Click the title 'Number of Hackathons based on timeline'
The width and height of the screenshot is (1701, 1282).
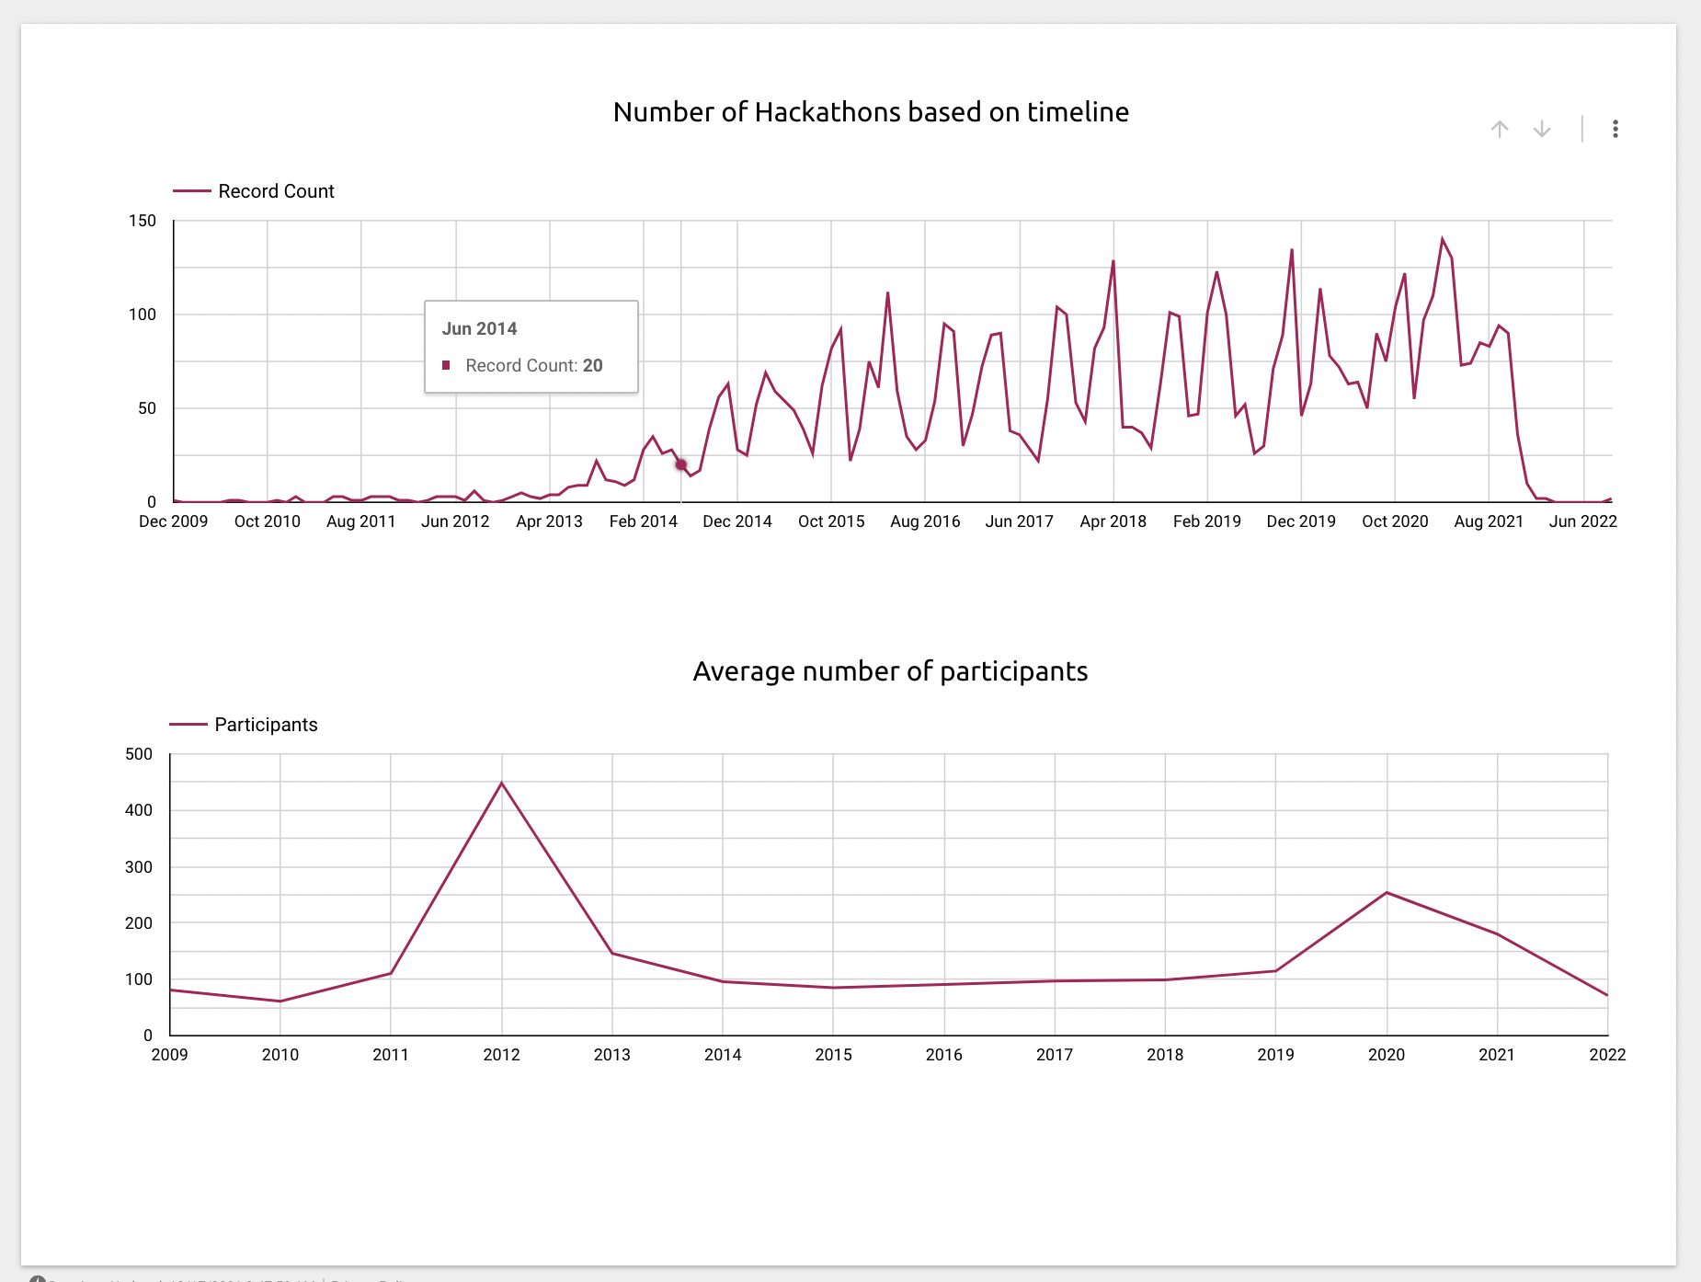pos(871,112)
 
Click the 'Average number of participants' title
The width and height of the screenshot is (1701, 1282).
pos(890,671)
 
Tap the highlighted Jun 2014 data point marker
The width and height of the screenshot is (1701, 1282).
pos(681,464)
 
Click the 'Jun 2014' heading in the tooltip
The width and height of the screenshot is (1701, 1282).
pos(479,329)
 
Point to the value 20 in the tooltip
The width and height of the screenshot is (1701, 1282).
pos(593,366)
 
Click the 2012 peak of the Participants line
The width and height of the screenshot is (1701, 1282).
pos(502,783)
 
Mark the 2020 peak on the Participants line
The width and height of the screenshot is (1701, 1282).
pos(1387,893)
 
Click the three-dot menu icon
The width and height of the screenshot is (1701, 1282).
pos(1615,130)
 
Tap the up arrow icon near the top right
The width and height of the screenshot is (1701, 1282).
pos(1500,130)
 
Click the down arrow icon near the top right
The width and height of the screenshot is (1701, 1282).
pos(1542,130)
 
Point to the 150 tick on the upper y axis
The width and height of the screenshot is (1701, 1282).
pos(143,221)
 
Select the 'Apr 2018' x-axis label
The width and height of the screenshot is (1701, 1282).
pos(1113,521)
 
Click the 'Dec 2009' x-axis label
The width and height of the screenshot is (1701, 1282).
pos(173,521)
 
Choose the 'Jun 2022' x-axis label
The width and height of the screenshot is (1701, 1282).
pos(1582,521)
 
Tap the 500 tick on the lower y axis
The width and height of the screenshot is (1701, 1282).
pos(139,754)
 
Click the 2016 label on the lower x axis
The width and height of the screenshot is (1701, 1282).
pos(944,1055)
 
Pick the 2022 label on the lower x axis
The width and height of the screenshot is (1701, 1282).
pos(1607,1055)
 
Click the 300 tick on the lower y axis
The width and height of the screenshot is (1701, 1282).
pos(139,867)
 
